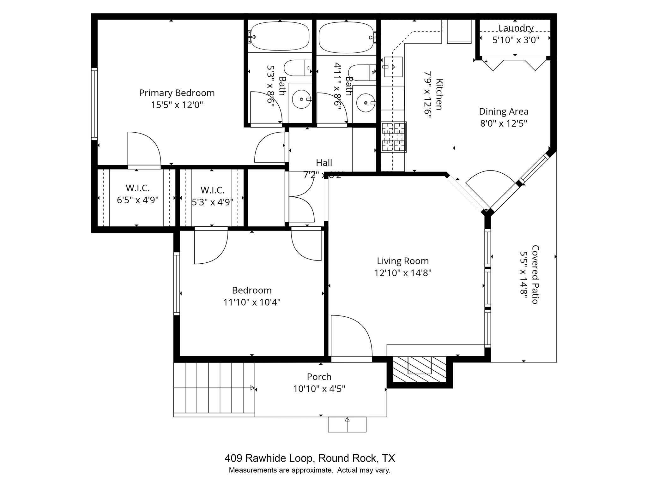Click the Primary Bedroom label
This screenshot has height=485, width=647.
pos(177,93)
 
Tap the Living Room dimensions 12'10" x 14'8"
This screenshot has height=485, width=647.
pos(403,273)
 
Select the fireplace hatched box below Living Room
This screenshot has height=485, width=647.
pos(420,369)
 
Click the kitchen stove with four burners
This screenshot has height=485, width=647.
pos(393,137)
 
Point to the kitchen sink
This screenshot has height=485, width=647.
pos(393,67)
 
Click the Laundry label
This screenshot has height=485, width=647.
pos(516,28)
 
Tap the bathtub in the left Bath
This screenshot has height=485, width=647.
pos(280,36)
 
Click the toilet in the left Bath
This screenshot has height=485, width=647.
pos(297,68)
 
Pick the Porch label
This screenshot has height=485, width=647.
pos(319,377)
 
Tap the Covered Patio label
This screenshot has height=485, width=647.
pos(535,274)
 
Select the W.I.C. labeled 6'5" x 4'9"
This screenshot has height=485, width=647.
pos(137,194)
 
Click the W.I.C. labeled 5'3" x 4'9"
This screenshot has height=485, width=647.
pos(212,196)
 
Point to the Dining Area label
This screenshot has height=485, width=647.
pos(504,111)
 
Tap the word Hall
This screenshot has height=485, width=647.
pos(324,163)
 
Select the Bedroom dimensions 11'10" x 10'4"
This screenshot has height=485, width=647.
pos(252,302)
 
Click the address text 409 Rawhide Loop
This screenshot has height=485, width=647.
pos(269,458)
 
